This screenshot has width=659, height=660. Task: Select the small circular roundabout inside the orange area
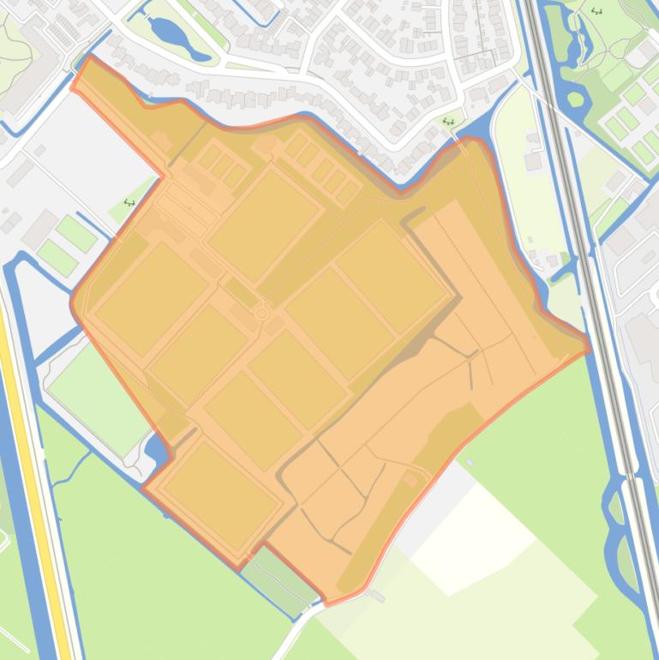[x=262, y=314]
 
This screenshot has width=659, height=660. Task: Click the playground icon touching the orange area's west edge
[x=129, y=202]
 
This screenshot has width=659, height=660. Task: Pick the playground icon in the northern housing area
[x=448, y=123]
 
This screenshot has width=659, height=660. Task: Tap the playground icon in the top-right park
[x=596, y=11]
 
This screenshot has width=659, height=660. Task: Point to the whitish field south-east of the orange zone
[x=480, y=531]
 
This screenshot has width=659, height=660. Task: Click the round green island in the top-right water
[x=576, y=99]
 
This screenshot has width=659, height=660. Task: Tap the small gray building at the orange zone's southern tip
[x=378, y=594]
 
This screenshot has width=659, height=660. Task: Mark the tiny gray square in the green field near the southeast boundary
[x=470, y=463]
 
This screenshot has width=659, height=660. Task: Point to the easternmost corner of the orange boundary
[x=590, y=347]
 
